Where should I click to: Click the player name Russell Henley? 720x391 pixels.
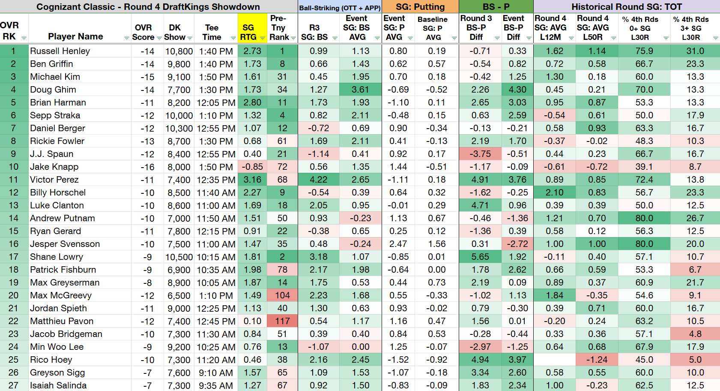pyautogui.click(x=60, y=51)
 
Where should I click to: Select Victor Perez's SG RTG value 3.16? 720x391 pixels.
pyautogui.click(x=252, y=180)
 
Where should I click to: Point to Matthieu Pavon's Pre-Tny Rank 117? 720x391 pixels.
pyautogui.click(x=282, y=321)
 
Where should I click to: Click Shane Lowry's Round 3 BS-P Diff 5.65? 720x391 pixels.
pyautogui.click(x=480, y=257)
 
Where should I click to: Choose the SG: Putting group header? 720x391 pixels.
pyautogui.click(x=420, y=7)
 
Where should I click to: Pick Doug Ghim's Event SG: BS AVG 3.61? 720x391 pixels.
pyautogui.click(x=360, y=90)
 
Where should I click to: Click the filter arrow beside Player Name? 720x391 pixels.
pyautogui.click(x=127, y=38)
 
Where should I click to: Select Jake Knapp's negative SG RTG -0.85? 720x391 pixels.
pyautogui.click(x=252, y=167)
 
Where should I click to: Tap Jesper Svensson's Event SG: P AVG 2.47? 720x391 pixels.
pyautogui.click(x=398, y=244)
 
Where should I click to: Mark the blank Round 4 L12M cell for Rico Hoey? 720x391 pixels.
pyautogui.click(x=555, y=360)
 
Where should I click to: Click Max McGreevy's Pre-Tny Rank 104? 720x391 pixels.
pyautogui.click(x=282, y=295)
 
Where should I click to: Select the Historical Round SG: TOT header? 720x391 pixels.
pyautogui.click(x=627, y=7)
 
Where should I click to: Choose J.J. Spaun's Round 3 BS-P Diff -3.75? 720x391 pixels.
pyautogui.click(x=480, y=154)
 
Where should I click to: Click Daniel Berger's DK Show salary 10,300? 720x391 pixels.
pyautogui.click(x=179, y=128)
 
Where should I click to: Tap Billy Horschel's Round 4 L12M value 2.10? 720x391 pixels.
pyautogui.click(x=555, y=192)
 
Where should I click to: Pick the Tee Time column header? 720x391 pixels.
pyautogui.click(x=212, y=32)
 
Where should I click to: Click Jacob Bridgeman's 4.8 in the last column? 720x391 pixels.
pyautogui.click(x=695, y=334)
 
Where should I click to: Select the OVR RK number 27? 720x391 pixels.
pyautogui.click(x=13, y=385)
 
